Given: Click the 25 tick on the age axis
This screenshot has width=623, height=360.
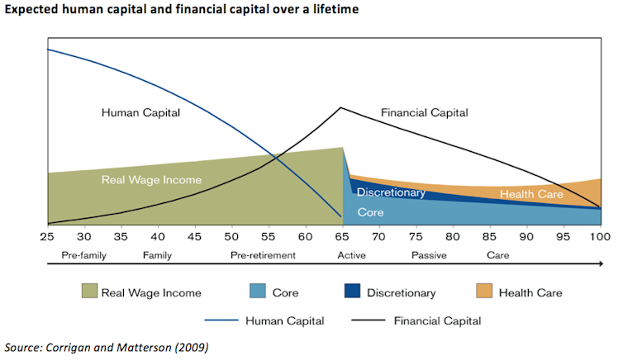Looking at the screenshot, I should pos(48,236).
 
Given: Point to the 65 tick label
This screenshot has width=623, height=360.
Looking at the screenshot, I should pos(343,236).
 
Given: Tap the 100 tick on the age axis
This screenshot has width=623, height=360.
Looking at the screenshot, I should pos(600,236).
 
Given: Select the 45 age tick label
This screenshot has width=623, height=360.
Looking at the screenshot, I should pos(195,236).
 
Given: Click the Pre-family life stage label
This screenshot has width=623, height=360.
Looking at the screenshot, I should pos(83,255).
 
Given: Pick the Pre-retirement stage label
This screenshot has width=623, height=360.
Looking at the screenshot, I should pos(263,255).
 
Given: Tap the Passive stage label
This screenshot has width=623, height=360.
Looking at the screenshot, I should pos(429,255).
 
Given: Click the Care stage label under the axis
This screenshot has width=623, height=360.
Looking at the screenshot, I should pos(497,255).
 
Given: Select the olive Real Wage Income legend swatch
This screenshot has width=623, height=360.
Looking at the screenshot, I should pos(90,291).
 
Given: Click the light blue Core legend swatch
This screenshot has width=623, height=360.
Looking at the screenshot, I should pos(257,291).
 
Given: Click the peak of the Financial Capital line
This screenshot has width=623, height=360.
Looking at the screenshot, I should pos(340,107).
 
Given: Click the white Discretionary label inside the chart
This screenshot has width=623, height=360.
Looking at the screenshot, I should pos(391,193).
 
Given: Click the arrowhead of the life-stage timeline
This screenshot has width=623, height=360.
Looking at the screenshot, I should pos(599,266).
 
